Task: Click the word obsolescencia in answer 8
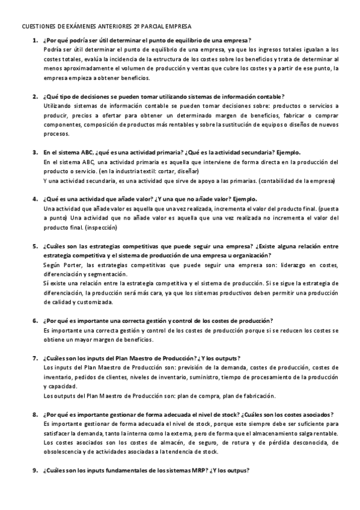(64, 452)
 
